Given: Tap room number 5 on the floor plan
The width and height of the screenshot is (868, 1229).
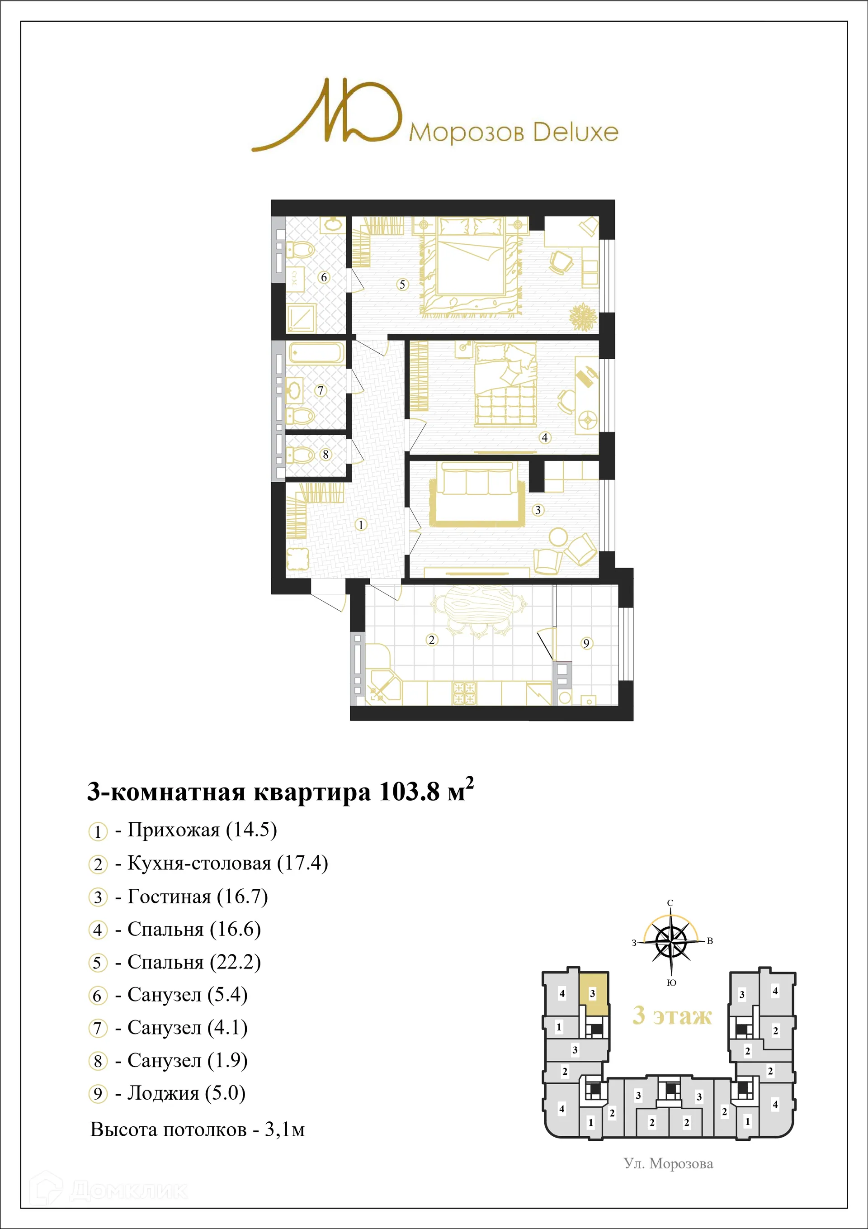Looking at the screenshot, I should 402,284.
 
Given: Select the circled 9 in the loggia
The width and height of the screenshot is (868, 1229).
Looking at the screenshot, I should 586,643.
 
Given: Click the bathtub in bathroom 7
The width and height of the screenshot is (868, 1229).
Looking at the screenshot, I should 316,353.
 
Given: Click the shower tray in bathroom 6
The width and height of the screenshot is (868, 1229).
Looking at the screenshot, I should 301,318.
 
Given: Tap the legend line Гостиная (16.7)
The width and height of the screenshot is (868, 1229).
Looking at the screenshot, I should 197,897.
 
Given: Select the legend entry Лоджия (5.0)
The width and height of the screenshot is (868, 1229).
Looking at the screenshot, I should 186,1093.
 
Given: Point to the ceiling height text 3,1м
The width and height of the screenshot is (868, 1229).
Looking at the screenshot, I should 285,1129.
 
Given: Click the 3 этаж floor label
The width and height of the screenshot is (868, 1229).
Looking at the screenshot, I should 672,1015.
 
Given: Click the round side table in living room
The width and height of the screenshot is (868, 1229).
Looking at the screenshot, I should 558,536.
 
